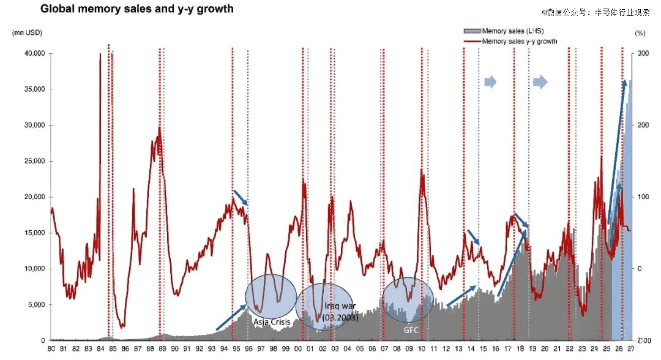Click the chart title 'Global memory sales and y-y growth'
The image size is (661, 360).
[136, 10]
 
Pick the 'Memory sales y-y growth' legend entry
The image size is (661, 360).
[520, 42]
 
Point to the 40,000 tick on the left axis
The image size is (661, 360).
[33, 53]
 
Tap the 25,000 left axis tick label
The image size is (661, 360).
[33, 161]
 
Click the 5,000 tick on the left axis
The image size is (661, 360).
[35, 304]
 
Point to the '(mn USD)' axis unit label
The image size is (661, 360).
[25, 32]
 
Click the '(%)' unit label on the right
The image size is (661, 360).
[640, 32]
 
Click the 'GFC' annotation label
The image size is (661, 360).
[410, 329]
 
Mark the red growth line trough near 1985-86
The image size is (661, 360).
[123, 326]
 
